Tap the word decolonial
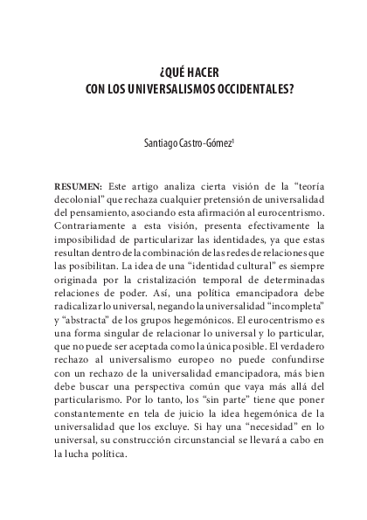pos(80,199)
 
